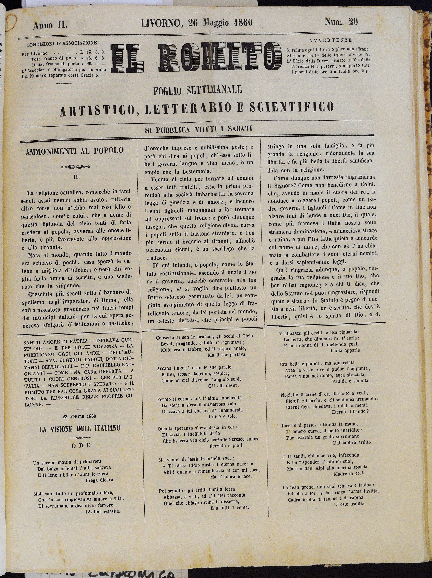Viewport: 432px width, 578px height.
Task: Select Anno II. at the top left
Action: point(50,25)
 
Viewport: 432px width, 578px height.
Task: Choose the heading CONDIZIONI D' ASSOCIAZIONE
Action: point(62,43)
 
